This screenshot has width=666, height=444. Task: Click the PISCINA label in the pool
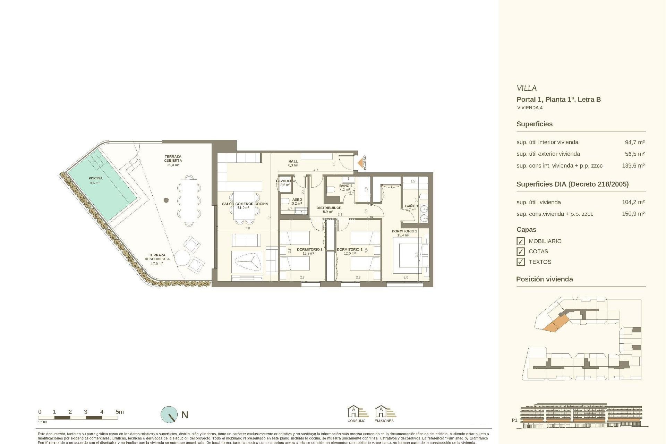point(95,178)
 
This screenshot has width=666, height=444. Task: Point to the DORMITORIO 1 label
point(404,231)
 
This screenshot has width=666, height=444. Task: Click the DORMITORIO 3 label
point(309,249)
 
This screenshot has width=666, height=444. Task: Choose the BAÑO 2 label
point(345,186)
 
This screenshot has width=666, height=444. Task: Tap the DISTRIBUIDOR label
point(329,208)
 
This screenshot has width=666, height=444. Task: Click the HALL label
point(293,161)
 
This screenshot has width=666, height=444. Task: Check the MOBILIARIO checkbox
point(520,241)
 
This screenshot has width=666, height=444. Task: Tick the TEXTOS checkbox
point(520,262)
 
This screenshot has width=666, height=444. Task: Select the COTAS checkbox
point(520,251)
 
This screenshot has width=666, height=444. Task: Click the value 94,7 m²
point(634,142)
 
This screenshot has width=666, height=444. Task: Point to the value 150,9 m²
point(633,214)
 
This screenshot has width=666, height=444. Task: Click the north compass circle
point(169,415)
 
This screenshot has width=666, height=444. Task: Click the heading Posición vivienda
point(544,279)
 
